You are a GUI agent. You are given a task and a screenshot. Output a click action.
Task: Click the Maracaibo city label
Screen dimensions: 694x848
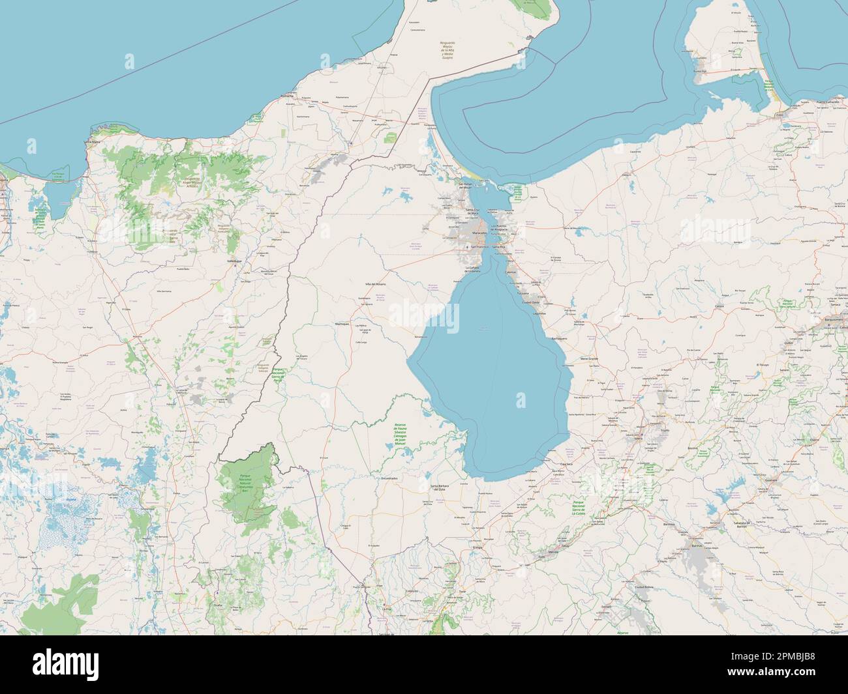tap(479, 232)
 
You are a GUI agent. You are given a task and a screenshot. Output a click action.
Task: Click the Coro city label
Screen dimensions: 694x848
tap(779, 115)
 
